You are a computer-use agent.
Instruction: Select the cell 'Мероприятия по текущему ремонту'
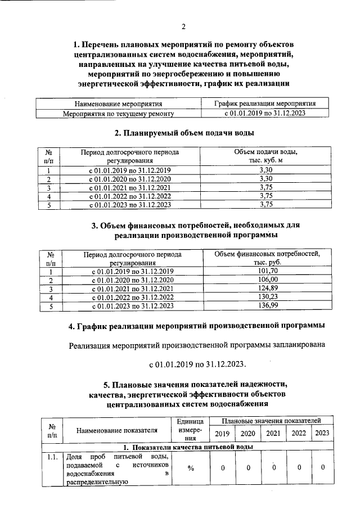click(x=118, y=113)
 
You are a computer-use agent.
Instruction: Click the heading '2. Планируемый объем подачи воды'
click(x=183, y=133)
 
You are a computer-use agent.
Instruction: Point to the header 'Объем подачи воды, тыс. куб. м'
click(x=265, y=157)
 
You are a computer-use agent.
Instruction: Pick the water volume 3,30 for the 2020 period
click(x=265, y=179)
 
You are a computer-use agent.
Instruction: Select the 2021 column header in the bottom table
click(x=273, y=433)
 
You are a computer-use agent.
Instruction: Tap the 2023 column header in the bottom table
click(x=322, y=433)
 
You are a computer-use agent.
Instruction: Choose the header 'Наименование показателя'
click(x=117, y=431)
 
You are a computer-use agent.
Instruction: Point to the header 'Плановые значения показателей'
click(x=272, y=421)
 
